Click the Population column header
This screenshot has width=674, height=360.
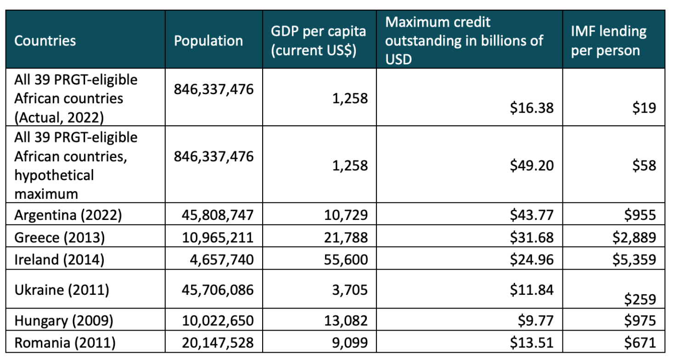pyautogui.click(x=208, y=40)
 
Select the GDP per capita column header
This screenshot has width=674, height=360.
pyautogui.click(x=318, y=40)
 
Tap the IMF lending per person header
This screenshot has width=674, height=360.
pyautogui.click(x=608, y=40)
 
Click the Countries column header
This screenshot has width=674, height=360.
pyautogui.click(x=45, y=40)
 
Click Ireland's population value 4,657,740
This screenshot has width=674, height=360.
pyautogui.click(x=221, y=260)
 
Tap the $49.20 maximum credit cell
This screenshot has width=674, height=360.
pyautogui.click(x=532, y=165)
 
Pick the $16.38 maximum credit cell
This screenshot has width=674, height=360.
pyautogui.click(x=532, y=108)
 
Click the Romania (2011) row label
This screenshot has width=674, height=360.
pyautogui.click(x=65, y=342)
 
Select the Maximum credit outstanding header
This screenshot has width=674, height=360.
pyautogui.click(x=464, y=40)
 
